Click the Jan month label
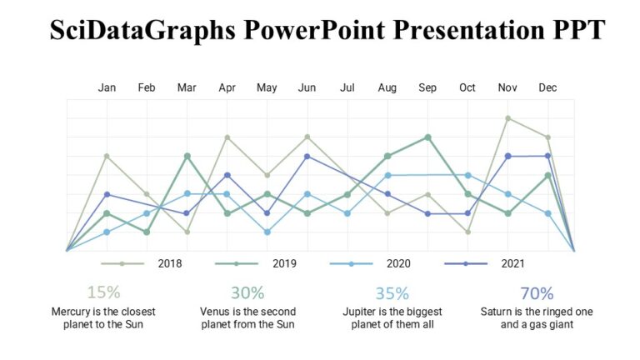pyautogui.click(x=107, y=87)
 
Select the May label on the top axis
pyautogui.click(x=267, y=87)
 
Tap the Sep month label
pyautogui.click(x=427, y=87)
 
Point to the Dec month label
pyautogui.click(x=547, y=87)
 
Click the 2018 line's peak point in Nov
pyautogui.click(x=507, y=118)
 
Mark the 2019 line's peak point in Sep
pyautogui.click(x=427, y=137)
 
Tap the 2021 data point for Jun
pyautogui.click(x=307, y=156)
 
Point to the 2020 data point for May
pyautogui.click(x=267, y=232)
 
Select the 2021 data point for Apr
pyautogui.click(x=227, y=175)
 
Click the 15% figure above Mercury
pyautogui.click(x=103, y=292)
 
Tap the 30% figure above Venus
pyautogui.click(x=247, y=292)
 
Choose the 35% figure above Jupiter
pyautogui.click(x=392, y=292)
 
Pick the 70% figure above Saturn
pyautogui.click(x=537, y=292)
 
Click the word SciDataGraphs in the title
pyautogui.click(x=142, y=31)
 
